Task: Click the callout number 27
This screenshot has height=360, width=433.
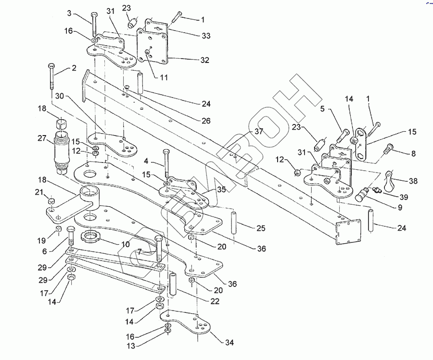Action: click(x=42, y=138)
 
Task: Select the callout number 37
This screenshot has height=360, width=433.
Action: click(x=259, y=131)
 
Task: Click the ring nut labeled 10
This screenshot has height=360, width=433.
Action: click(x=90, y=237)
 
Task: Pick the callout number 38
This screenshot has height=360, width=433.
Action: click(x=413, y=181)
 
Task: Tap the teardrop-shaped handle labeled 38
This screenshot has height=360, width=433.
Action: click(x=391, y=181)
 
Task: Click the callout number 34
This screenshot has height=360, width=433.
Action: click(x=229, y=342)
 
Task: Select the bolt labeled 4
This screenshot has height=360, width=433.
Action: click(x=166, y=163)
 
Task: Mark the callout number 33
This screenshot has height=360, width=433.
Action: click(x=206, y=36)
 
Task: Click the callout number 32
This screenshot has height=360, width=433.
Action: click(x=204, y=60)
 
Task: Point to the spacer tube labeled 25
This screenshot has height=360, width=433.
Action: click(x=234, y=223)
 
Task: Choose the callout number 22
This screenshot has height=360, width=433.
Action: click(x=215, y=301)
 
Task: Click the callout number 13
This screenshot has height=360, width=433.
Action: click(x=131, y=346)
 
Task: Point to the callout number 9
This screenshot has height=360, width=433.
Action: click(x=400, y=208)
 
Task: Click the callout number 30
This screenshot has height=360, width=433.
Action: click(x=59, y=96)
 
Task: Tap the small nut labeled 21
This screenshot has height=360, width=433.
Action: click(x=51, y=200)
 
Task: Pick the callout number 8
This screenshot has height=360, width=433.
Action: click(x=413, y=153)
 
